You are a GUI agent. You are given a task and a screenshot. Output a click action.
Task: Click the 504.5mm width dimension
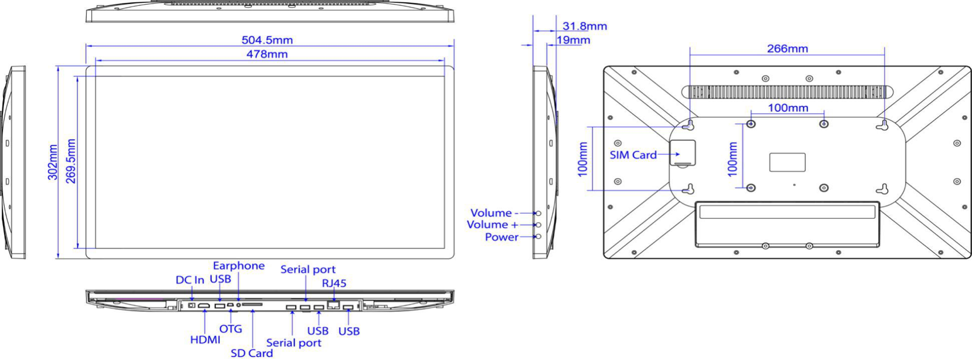(x=267, y=40)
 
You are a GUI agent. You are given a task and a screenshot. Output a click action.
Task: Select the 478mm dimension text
(x=267, y=54)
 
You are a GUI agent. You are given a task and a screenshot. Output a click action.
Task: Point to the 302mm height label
(x=53, y=162)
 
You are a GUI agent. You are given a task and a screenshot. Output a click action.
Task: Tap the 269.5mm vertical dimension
(x=71, y=161)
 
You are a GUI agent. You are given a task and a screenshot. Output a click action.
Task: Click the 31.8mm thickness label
(x=584, y=26)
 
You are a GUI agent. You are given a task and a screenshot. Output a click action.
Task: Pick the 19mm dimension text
(x=573, y=40)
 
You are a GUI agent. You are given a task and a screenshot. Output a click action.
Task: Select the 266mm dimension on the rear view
(x=788, y=49)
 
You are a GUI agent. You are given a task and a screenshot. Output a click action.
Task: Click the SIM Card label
(x=633, y=155)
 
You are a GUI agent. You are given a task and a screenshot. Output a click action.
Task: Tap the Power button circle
(x=538, y=236)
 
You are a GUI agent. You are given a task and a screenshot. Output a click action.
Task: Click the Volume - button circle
(x=538, y=213)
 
